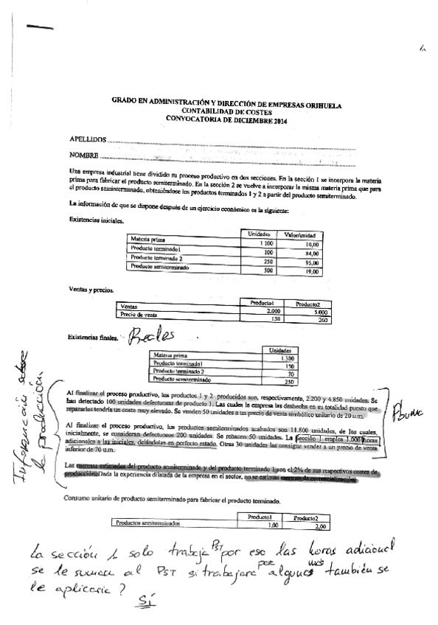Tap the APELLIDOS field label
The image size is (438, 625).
pos(86,139)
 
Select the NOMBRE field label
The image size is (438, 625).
pos(83,156)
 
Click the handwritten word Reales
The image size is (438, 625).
pos(153,338)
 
